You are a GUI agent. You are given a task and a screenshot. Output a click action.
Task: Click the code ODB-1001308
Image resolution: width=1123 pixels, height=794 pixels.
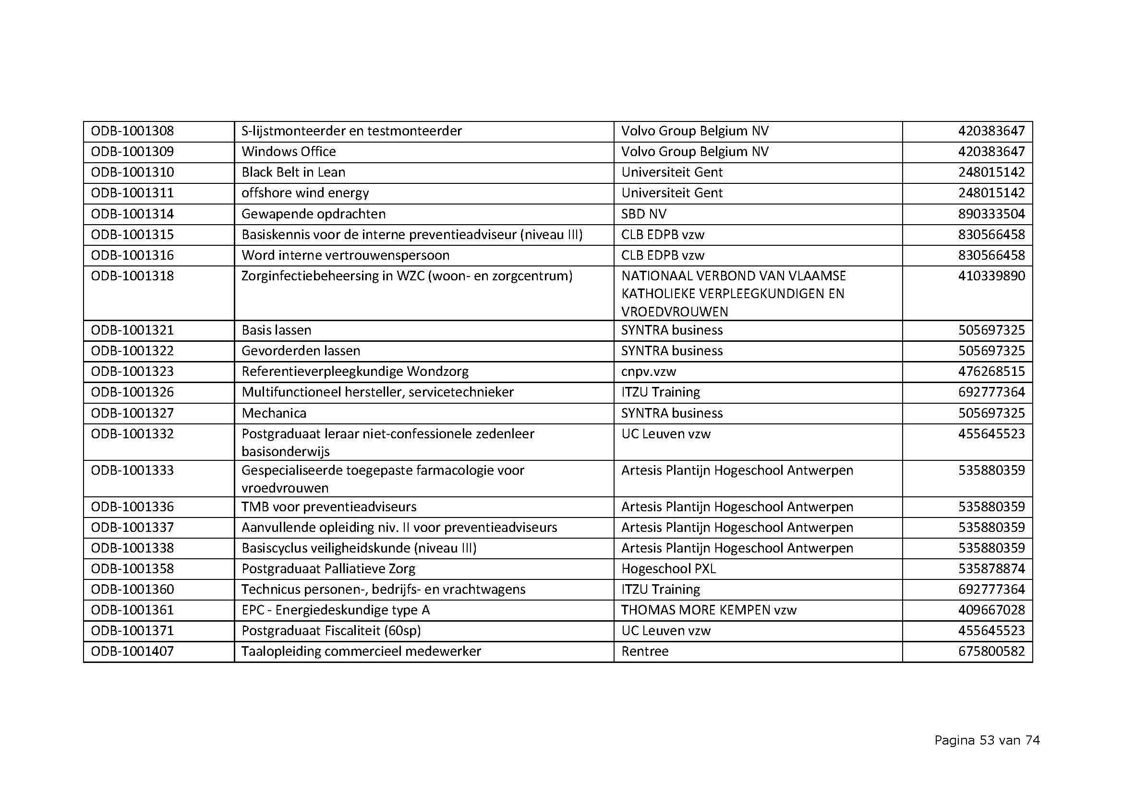click(132, 131)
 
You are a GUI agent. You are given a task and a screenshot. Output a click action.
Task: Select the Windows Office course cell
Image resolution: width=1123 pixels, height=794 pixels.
click(289, 152)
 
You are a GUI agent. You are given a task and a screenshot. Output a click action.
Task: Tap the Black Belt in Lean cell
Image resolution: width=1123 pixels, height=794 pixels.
click(293, 172)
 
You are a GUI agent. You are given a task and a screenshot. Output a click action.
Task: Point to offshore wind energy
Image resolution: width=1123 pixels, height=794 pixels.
click(305, 192)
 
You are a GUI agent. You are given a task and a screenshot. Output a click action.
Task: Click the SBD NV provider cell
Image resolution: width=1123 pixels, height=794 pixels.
click(644, 214)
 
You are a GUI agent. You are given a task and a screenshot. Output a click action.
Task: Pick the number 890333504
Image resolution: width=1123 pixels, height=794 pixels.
click(991, 214)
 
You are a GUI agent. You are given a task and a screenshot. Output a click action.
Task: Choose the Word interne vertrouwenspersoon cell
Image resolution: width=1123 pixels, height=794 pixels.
click(345, 255)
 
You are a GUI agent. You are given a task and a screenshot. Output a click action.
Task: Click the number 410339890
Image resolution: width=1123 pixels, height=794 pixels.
click(991, 276)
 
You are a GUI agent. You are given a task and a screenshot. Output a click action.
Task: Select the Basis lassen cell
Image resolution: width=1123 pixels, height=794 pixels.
click(277, 330)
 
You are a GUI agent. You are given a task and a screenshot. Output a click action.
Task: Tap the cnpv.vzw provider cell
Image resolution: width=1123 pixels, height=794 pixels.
click(649, 372)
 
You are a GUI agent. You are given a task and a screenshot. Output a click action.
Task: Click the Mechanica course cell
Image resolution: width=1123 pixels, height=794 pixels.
click(274, 413)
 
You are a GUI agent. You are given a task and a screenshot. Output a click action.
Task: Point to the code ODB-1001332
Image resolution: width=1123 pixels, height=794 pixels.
click(132, 433)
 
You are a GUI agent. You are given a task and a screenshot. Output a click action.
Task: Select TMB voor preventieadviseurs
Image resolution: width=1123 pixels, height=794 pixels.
click(329, 506)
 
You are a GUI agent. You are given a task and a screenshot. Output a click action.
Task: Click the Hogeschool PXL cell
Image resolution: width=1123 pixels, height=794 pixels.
click(668, 568)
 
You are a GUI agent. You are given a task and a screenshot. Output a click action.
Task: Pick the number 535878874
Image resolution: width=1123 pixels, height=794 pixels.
click(991, 568)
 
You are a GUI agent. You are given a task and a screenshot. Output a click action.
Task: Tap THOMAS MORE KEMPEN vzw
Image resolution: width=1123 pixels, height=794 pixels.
click(709, 610)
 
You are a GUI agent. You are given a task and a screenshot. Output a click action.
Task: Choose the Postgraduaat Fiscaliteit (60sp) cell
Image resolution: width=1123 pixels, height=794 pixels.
click(331, 631)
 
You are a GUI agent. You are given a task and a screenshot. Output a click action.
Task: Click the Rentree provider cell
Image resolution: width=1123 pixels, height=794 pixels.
click(645, 651)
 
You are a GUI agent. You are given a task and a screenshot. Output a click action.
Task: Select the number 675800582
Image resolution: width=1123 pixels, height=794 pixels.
click(991, 651)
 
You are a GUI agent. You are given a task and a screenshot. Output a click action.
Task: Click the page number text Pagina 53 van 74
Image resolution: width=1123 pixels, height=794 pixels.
click(987, 740)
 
